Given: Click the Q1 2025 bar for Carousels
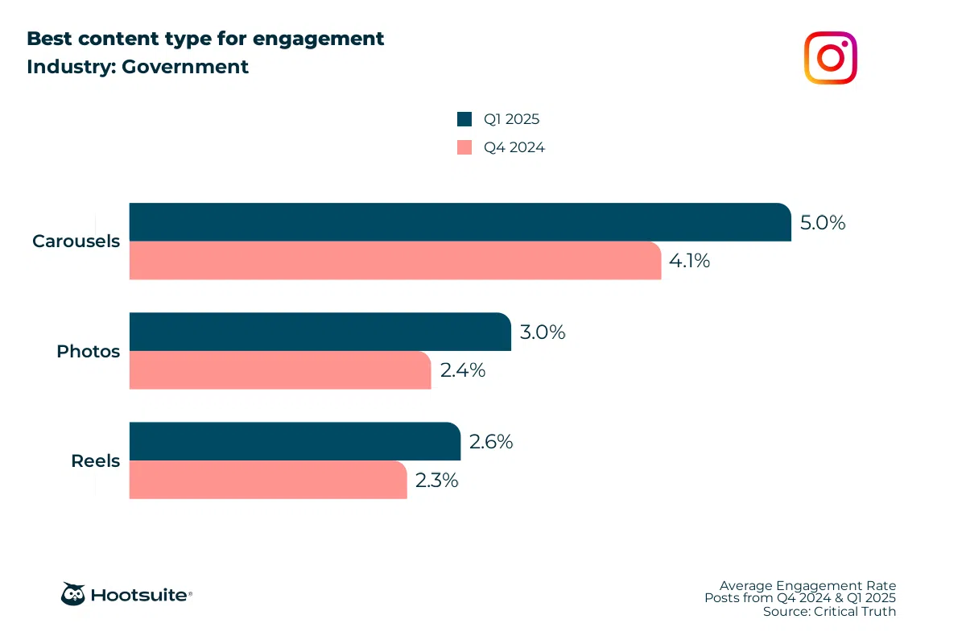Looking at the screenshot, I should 460,222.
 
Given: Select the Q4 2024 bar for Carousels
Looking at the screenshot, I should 395,261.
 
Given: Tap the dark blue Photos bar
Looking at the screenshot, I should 320,332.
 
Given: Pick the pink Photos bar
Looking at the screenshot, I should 280,370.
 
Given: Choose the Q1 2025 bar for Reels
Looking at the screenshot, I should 295,441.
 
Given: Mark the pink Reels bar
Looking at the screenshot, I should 268,480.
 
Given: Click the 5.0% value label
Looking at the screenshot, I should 823,223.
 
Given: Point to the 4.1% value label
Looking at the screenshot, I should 689,261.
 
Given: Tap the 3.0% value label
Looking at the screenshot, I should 543,332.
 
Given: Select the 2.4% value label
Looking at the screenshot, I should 462,370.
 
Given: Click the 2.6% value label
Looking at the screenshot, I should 491,442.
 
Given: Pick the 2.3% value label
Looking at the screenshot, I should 437,481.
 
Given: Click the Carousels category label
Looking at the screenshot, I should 76,241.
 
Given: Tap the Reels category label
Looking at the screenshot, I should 95,461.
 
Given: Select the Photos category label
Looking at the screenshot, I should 88,352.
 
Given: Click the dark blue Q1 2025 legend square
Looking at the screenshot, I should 464,119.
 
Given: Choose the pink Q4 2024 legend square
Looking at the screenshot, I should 464,147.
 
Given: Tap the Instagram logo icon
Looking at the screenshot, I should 830,58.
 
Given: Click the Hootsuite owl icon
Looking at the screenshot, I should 73,594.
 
